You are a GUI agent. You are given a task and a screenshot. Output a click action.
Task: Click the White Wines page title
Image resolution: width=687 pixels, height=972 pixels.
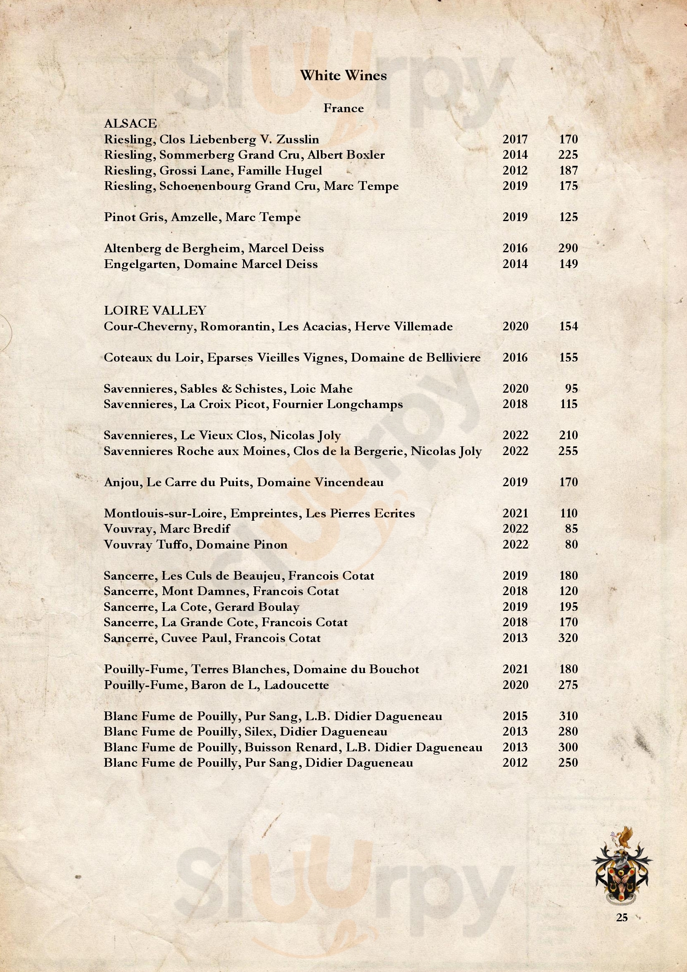coord(343,76)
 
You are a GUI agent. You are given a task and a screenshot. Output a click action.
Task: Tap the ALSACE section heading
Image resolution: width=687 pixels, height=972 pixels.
coord(131,123)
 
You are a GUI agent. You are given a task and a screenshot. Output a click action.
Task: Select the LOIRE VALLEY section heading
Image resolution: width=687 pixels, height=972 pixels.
coord(155,311)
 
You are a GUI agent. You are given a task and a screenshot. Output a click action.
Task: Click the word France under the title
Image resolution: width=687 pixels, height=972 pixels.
coord(343,108)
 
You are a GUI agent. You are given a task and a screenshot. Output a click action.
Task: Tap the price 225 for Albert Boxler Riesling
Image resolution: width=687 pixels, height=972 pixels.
coord(568,155)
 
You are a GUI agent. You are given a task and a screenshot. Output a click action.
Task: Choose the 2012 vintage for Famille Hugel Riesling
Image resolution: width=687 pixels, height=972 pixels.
coord(515,171)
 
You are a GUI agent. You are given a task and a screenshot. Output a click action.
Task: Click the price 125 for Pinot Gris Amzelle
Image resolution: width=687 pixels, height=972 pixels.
coord(568,217)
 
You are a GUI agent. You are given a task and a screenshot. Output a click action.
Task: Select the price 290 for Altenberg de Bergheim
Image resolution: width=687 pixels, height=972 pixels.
coord(568,249)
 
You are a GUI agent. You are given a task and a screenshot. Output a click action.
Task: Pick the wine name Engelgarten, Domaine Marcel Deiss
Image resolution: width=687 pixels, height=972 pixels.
coord(211,264)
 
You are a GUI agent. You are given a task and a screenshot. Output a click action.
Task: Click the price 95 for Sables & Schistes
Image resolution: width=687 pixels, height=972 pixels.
coord(571,389)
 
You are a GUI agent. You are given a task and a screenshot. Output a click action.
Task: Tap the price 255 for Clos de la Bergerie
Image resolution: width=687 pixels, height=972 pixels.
coord(568,451)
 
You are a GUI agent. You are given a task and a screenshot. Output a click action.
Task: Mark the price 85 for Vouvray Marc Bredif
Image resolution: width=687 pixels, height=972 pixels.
coord(571,529)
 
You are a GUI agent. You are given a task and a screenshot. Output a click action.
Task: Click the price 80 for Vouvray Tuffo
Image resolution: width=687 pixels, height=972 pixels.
coord(571,544)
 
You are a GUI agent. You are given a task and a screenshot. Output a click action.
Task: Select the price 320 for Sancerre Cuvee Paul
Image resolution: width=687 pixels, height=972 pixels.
coord(568,638)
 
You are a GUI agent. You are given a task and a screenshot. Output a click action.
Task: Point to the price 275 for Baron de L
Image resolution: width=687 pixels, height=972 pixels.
coord(568,685)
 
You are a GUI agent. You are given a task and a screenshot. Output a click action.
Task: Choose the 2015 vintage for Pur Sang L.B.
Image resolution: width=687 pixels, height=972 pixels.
coord(515,716)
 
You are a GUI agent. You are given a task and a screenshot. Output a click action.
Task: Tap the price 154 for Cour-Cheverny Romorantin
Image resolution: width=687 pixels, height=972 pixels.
coord(568,326)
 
